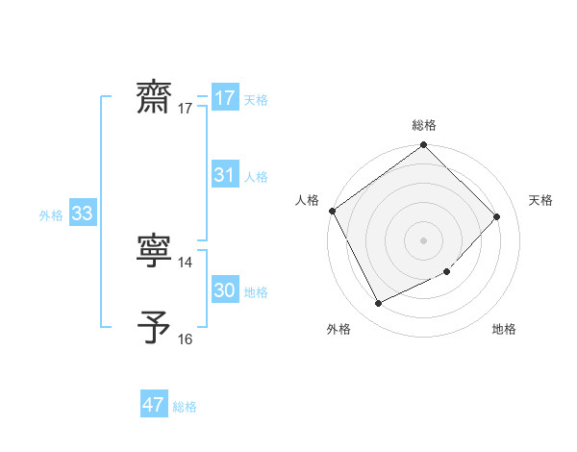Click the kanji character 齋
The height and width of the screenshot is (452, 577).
[x=155, y=98]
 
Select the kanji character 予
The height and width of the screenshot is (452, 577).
[x=155, y=328]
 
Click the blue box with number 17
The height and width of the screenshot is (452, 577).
[x=225, y=98]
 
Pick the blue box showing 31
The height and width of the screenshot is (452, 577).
[x=225, y=175]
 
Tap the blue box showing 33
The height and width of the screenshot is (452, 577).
[x=82, y=214]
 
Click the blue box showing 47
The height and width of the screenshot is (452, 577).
[x=154, y=405]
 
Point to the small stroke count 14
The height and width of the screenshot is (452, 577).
[x=186, y=262]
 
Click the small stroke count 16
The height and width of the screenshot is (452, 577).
[x=186, y=339]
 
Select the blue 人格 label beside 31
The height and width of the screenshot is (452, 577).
[x=256, y=177]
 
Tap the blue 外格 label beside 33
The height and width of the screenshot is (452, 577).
[x=51, y=215]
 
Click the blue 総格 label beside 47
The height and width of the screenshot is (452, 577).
[x=185, y=407]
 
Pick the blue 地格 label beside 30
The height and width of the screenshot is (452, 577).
[x=256, y=292]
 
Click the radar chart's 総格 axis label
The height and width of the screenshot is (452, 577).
[x=424, y=125]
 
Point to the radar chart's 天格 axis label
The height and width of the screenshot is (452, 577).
[x=541, y=200]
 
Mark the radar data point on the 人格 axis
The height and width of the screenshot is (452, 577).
[x=333, y=211]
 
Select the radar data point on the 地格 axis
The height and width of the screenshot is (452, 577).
[x=447, y=272]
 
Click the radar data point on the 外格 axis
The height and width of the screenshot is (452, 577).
[x=378, y=304]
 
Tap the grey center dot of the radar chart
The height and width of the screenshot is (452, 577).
[x=424, y=240]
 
